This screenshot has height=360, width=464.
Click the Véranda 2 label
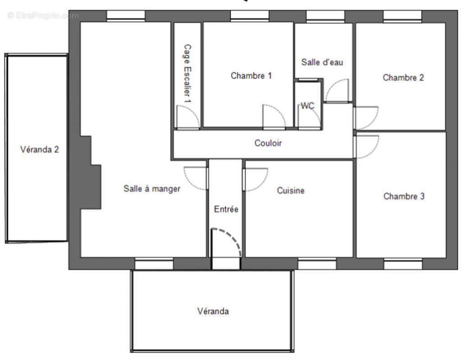tap(39, 149)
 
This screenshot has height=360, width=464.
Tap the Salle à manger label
tap(152, 189)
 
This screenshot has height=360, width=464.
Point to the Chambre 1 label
tap(251, 76)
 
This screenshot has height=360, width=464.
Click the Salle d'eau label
tap(322, 62)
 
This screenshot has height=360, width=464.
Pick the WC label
tap(308, 106)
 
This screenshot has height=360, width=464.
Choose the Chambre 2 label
tap(403, 77)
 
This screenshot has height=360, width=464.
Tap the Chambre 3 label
tap(404, 196)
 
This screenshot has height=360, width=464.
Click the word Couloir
tap(268, 143)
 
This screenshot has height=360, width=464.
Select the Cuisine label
tap(291, 191)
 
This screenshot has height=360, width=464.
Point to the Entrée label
tap(226, 209)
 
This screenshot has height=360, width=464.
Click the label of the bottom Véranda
tap(213, 311)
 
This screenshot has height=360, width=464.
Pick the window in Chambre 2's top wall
tap(402, 16)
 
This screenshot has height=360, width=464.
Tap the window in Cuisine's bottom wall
tap(317, 264)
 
